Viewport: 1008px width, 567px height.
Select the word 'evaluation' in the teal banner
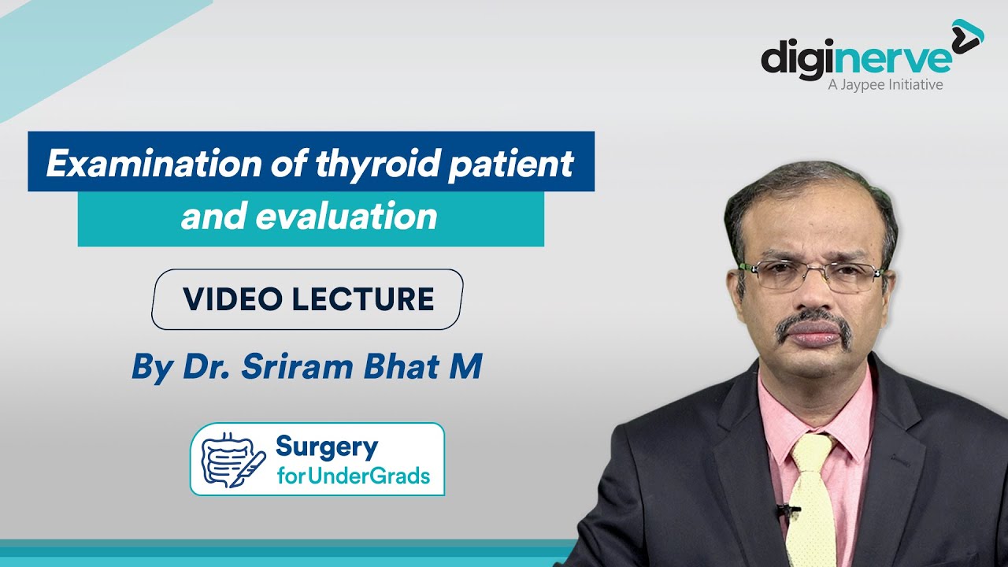346,216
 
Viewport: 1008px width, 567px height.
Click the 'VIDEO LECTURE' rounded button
307,299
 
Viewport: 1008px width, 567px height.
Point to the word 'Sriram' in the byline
297,366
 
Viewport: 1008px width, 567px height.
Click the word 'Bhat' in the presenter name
402,366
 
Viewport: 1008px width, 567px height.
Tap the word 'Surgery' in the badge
327,448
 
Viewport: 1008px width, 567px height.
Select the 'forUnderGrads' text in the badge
354,476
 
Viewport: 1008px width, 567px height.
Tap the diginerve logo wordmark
856,61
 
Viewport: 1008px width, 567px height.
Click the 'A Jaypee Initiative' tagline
885,84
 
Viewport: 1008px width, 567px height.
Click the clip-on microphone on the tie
785,511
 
